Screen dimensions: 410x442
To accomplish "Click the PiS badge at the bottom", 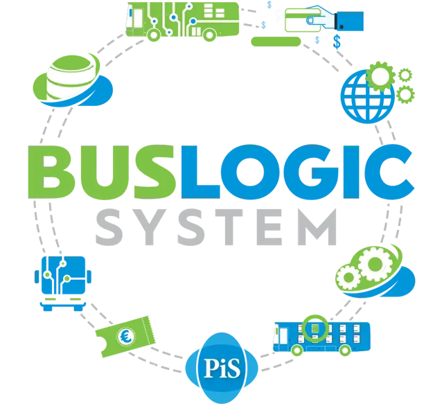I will pos(222,367).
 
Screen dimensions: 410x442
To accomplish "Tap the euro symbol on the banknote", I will pos(127,337).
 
